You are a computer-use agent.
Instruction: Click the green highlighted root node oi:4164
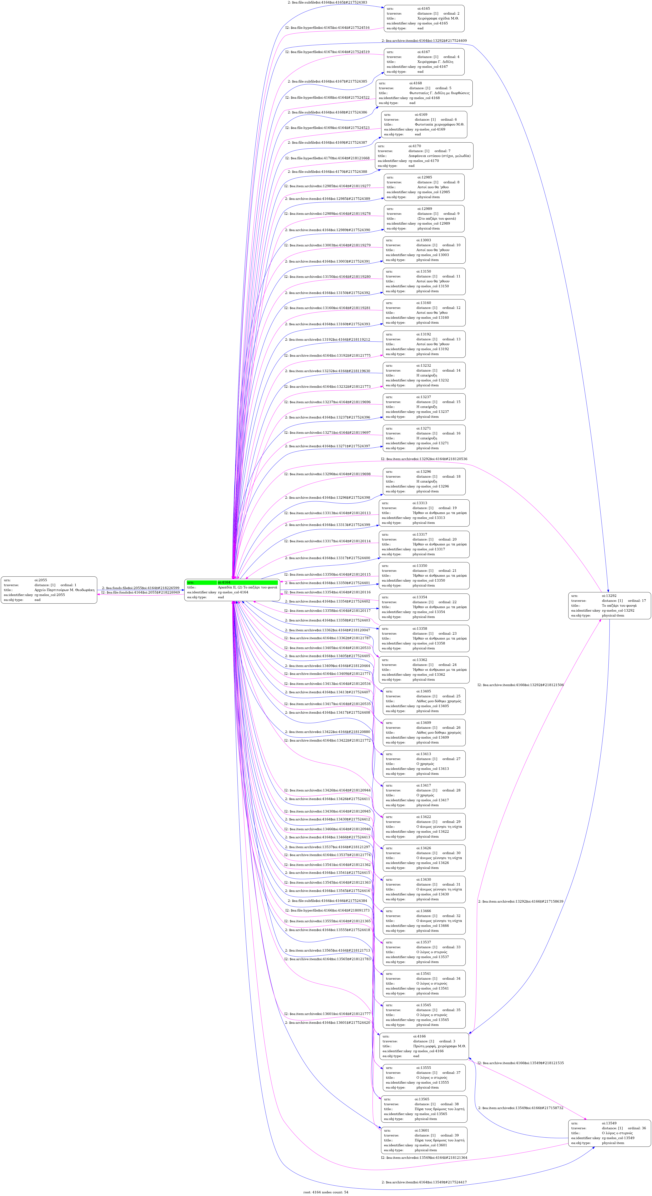pos(232,590)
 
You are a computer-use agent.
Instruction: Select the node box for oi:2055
pos(49,590)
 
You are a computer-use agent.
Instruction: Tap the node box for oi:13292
pos(609,605)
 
